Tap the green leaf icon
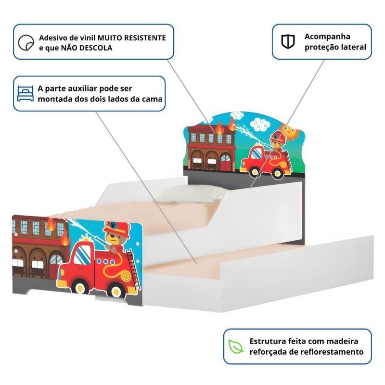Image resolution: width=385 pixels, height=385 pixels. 236,346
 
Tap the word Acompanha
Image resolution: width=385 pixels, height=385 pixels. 327,37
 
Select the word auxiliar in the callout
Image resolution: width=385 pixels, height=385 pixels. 83,89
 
